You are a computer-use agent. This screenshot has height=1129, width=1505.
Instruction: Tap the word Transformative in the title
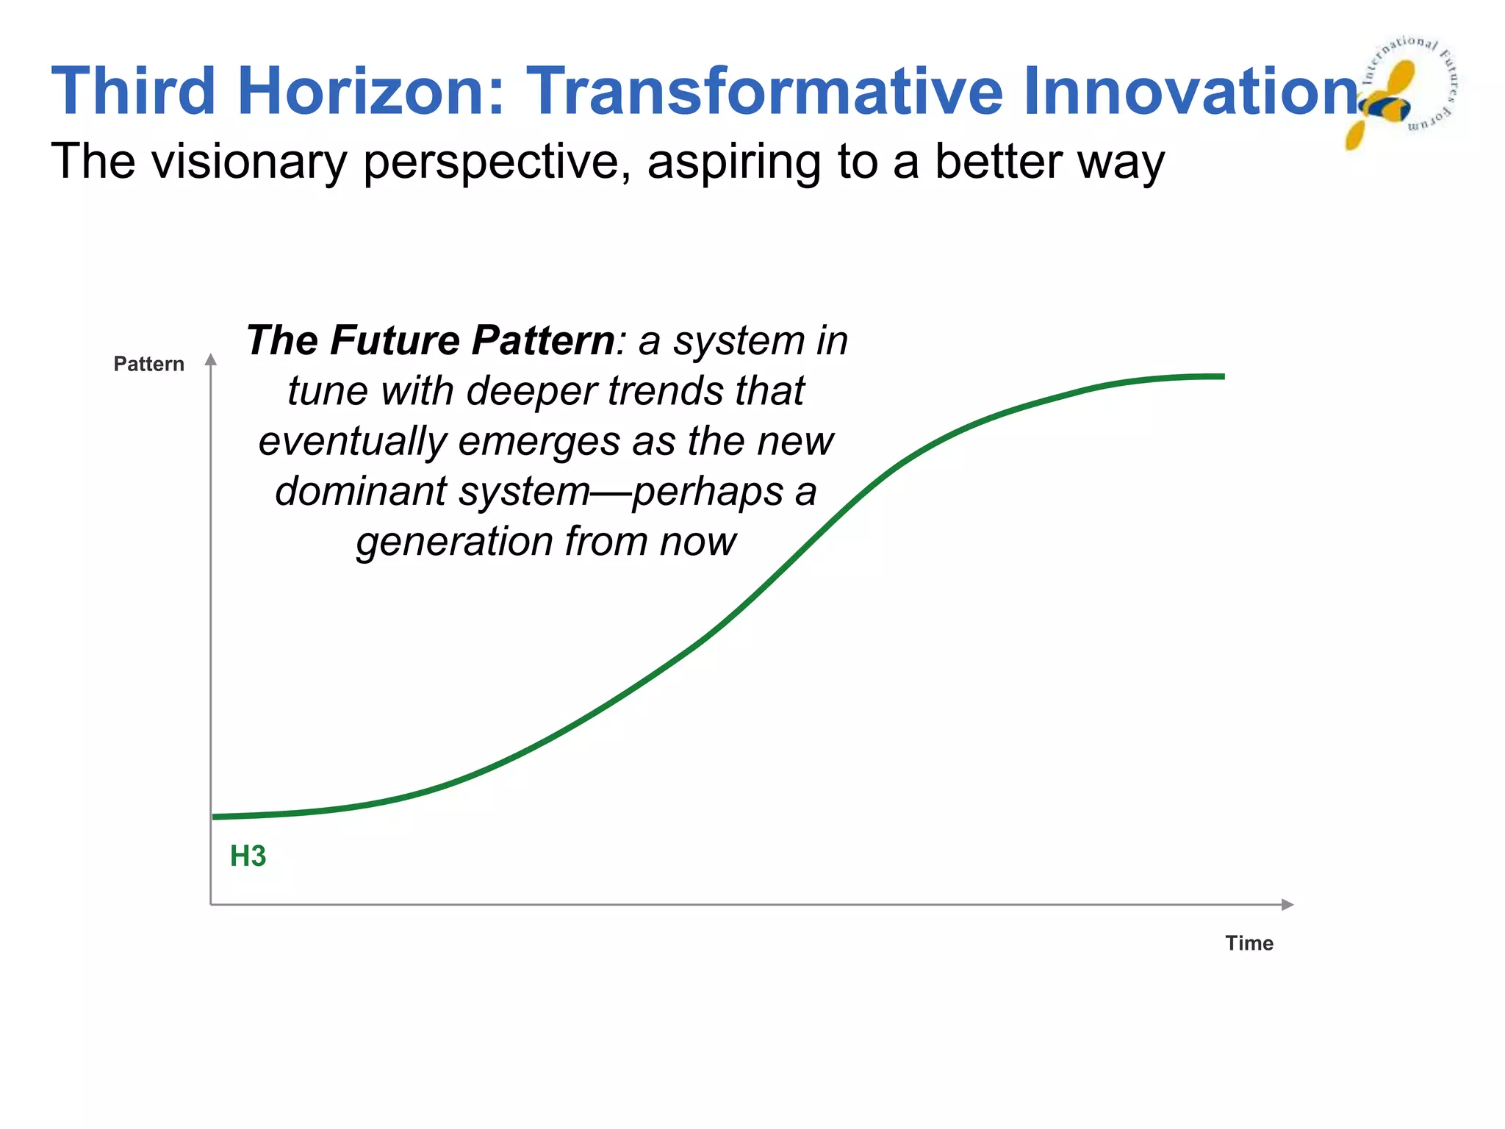(764, 91)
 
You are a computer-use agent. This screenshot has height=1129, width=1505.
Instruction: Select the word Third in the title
(132, 91)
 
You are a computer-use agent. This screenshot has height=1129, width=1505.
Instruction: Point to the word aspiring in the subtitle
(734, 162)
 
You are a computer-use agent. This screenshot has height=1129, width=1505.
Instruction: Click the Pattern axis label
(148, 364)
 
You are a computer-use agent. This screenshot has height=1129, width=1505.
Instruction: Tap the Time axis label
(1249, 943)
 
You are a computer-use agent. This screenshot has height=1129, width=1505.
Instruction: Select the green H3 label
(248, 856)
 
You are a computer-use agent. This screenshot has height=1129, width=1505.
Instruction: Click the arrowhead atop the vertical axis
(211, 359)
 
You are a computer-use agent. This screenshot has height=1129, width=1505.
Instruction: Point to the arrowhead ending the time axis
(1287, 904)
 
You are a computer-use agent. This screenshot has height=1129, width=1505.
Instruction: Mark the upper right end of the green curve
(1221, 376)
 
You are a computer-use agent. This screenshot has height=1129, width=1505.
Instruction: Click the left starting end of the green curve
(215, 817)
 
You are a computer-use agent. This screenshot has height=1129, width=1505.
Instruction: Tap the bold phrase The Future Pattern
(430, 340)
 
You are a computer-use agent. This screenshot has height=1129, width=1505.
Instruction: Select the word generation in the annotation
(454, 542)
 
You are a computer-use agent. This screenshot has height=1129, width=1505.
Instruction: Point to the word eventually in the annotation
(352, 441)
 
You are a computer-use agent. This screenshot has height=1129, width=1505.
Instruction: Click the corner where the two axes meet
(211, 904)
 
